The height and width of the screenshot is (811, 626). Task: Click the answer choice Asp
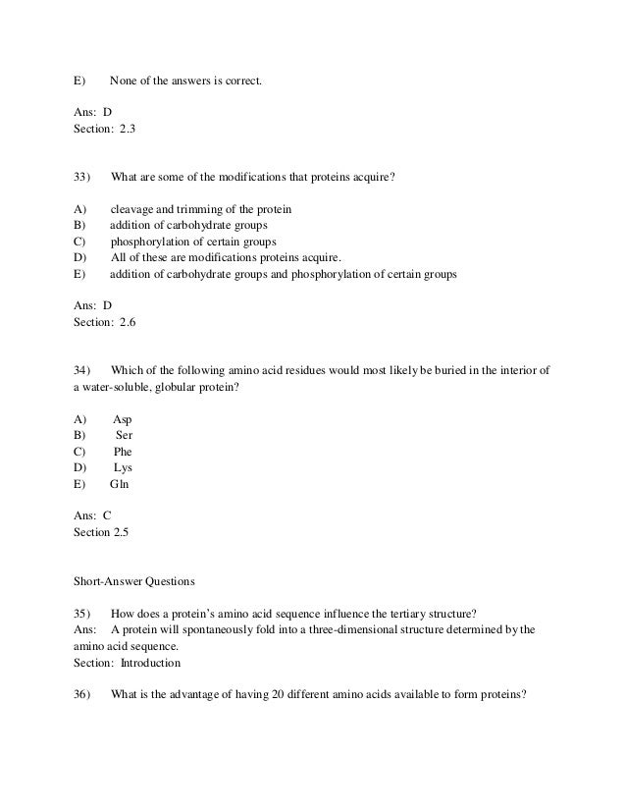tap(123, 419)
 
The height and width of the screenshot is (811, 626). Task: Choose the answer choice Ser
tap(125, 435)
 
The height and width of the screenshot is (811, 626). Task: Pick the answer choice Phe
tap(123, 452)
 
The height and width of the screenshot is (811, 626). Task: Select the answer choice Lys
tap(123, 467)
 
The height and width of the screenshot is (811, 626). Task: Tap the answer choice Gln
tap(120, 484)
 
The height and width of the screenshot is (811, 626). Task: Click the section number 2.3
tap(130, 129)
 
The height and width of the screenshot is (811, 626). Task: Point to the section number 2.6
tap(130, 322)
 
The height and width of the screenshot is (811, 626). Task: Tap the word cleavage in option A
tap(131, 210)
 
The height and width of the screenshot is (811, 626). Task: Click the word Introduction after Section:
tap(152, 662)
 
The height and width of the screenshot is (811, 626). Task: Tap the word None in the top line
tap(123, 81)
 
